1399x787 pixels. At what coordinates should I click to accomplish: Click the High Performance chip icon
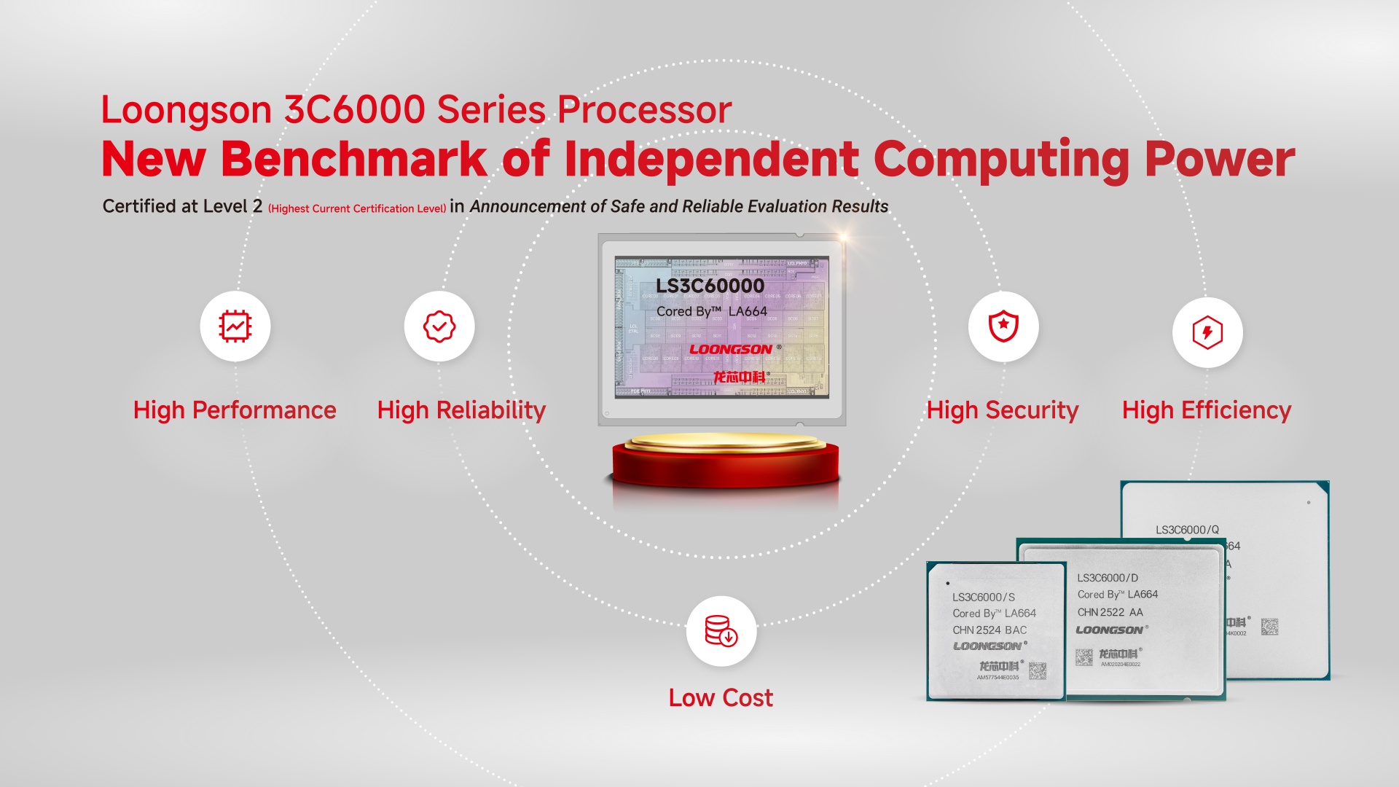coord(235,326)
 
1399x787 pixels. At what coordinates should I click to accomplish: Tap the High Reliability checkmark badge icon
coord(439,326)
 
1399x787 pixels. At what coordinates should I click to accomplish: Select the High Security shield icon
coord(1003,326)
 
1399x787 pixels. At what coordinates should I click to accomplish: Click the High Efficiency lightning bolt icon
coord(1207,332)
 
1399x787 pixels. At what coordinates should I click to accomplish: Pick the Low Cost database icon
coord(721,631)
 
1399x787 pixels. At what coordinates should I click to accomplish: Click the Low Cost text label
coord(721,697)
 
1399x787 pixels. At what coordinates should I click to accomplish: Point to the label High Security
coord(1002,410)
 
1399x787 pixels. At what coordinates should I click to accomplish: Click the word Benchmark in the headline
coord(353,159)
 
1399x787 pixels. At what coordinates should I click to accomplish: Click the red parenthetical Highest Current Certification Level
coord(357,208)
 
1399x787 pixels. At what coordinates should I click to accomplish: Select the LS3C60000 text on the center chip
coord(710,286)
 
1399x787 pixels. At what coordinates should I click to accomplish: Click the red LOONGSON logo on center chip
coord(730,350)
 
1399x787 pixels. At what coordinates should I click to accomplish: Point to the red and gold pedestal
coord(725,463)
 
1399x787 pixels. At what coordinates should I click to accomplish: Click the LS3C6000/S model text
coord(983,597)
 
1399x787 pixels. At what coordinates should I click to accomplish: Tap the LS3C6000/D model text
coord(1108,578)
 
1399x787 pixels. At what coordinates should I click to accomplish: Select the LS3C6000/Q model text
coord(1187,530)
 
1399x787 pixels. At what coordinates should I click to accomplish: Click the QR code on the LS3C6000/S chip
coord(1038,671)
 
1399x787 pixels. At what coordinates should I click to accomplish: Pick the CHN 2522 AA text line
coord(1110,612)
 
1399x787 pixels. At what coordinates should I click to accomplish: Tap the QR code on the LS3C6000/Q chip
coord(1269,627)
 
